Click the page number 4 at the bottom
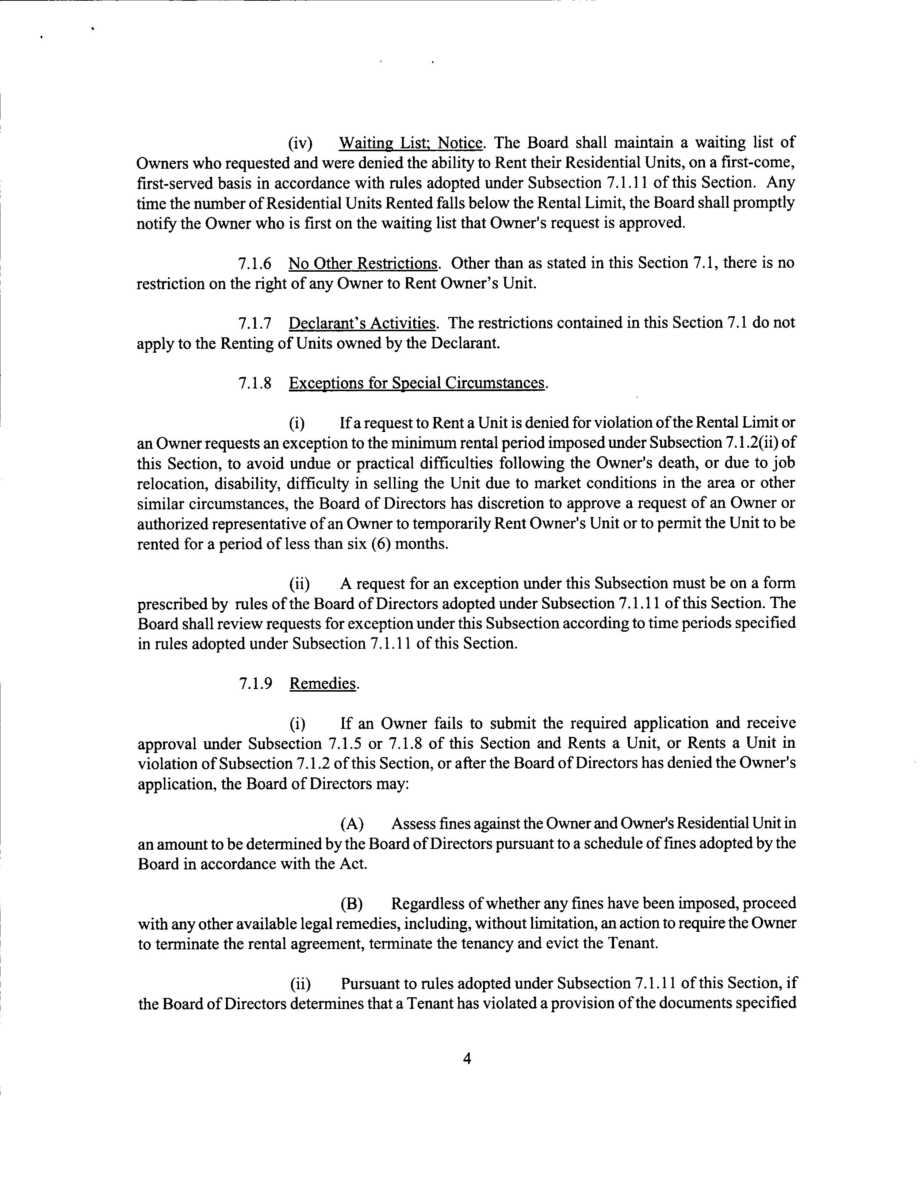coord(467,1059)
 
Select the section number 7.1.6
coord(255,264)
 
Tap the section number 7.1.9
coord(256,684)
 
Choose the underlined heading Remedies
coord(323,684)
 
